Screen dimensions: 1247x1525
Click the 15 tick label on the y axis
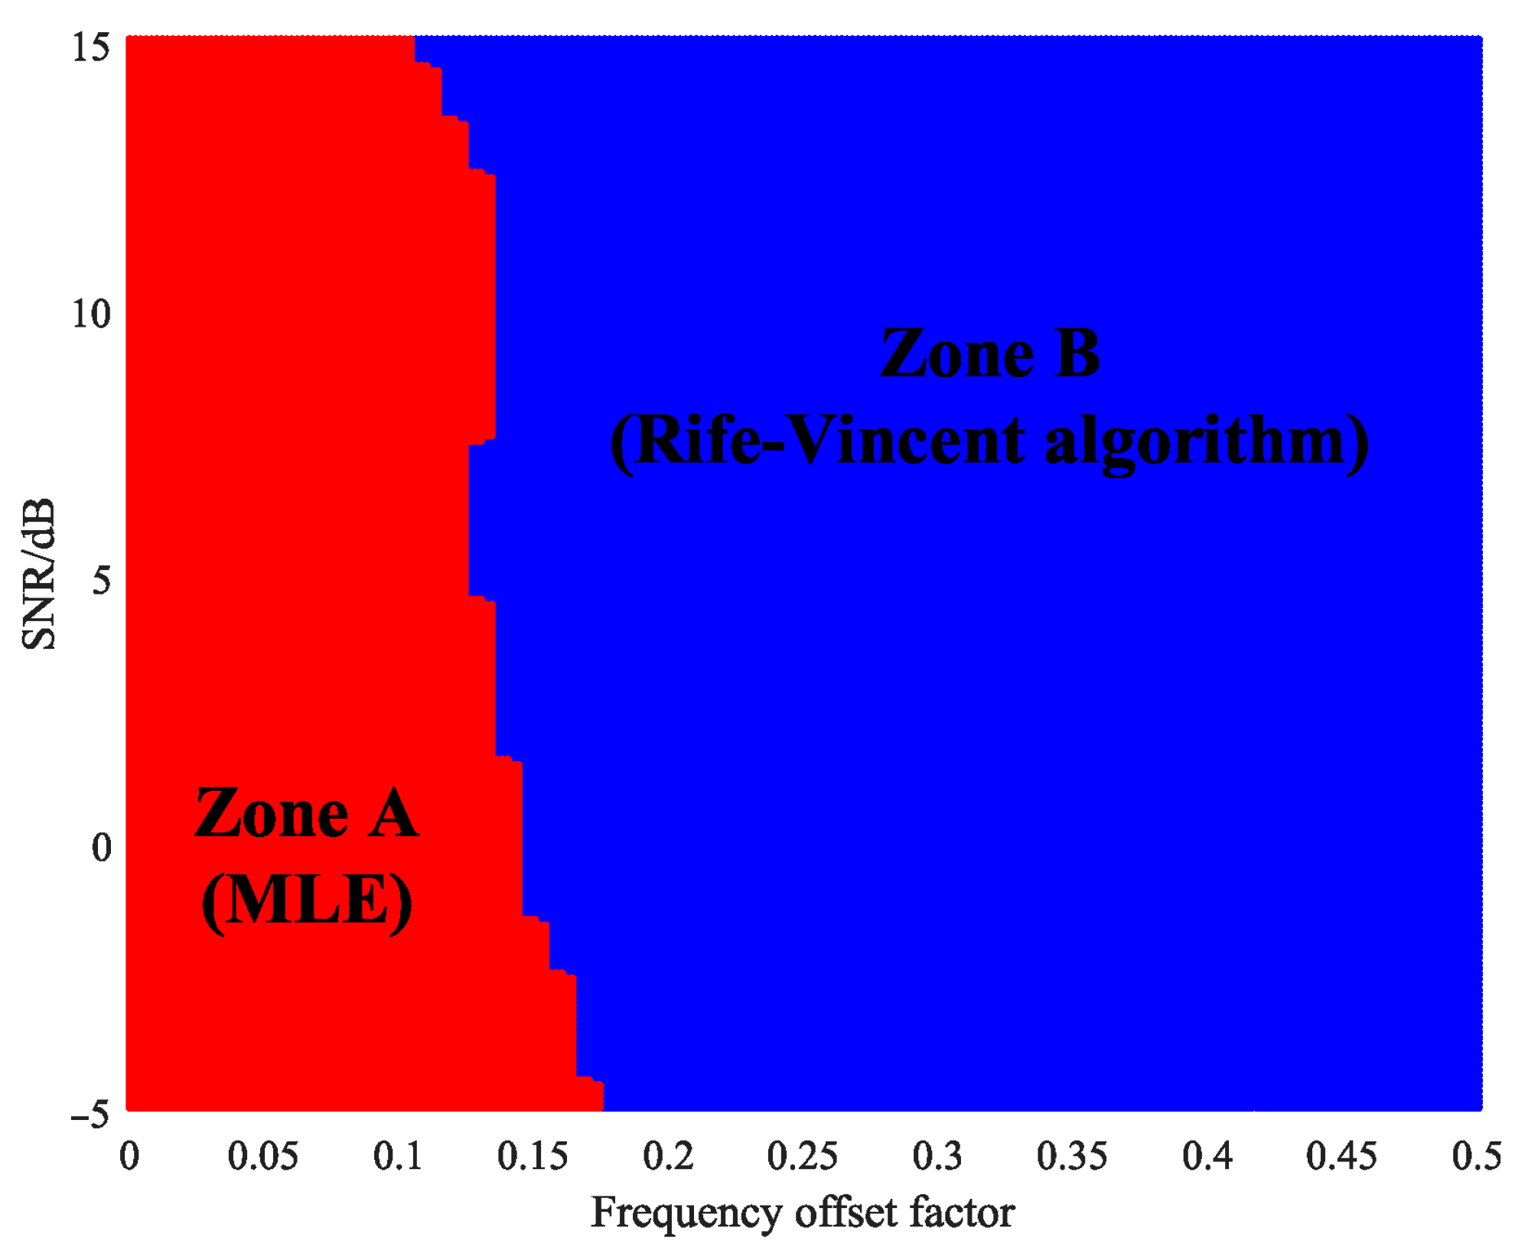click(91, 47)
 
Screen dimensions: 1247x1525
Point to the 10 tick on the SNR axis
click(91, 314)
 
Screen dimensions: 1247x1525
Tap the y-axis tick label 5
click(101, 581)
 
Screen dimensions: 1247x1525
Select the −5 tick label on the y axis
click(90, 1115)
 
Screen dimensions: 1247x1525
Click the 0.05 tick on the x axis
click(262, 1156)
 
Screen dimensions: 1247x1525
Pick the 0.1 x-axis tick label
click(397, 1156)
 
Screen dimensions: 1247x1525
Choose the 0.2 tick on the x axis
click(667, 1156)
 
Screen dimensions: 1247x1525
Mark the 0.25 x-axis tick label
click(802, 1156)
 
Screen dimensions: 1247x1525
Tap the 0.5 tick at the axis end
click(1476, 1156)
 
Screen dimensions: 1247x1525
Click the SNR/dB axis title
click(38, 574)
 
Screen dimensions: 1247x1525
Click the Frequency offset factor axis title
click(802, 1213)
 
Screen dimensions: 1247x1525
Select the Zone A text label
click(307, 814)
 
